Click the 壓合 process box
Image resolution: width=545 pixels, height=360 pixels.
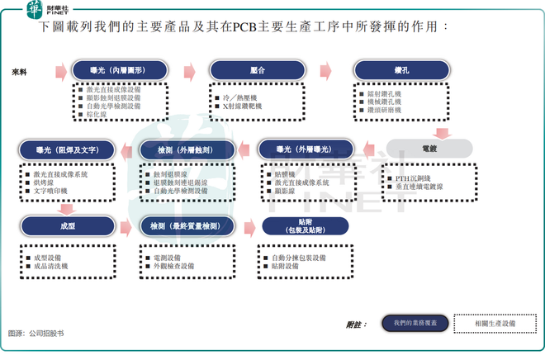click(x=258, y=71)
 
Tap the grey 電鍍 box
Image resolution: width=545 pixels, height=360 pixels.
click(x=429, y=149)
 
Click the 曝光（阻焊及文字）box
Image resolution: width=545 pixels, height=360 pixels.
click(x=68, y=149)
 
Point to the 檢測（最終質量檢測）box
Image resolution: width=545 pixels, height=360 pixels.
click(x=187, y=225)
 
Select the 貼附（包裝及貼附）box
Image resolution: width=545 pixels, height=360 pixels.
click(x=305, y=226)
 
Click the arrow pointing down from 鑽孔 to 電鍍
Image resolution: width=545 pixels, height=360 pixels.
click(x=442, y=130)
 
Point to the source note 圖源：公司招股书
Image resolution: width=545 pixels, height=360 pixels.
click(x=35, y=334)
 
